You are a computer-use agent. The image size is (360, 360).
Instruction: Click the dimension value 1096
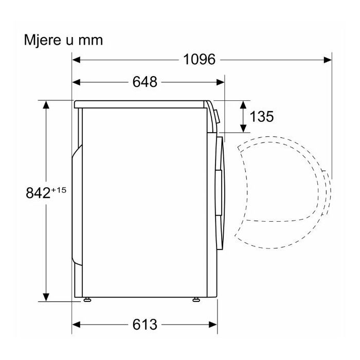200,60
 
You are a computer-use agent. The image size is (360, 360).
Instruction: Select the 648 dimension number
145,82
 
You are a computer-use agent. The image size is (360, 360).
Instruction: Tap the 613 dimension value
145,325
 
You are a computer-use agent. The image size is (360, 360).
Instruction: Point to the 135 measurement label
261,116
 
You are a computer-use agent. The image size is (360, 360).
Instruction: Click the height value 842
38,193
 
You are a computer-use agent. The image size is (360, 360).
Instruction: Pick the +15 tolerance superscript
59,190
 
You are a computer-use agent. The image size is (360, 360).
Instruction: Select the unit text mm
91,41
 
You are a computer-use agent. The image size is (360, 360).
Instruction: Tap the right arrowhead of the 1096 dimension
328,60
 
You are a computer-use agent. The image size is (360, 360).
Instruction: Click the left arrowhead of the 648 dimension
76,82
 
